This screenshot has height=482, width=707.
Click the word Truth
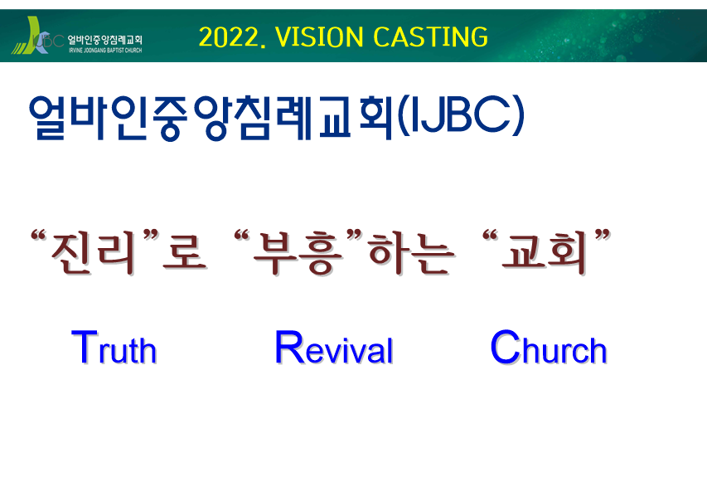114,347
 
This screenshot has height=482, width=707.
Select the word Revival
334,347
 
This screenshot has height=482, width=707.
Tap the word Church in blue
549,347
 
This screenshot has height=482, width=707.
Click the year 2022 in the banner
228,37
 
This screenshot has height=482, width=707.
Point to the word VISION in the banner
319,37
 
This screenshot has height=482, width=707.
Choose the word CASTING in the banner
431,37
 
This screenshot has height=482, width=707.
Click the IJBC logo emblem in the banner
37,36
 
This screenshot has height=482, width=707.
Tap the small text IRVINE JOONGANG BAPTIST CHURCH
105,50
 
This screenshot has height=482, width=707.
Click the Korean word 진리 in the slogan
94,252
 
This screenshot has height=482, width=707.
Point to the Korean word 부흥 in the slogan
298,252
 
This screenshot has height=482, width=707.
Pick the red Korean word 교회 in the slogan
545,252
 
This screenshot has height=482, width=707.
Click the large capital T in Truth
85,346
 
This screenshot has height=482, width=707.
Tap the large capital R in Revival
289,346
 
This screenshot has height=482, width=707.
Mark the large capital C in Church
505,346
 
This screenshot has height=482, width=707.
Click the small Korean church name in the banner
105,40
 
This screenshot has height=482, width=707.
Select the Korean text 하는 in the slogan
411,252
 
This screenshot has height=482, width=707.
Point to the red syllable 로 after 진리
184,254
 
